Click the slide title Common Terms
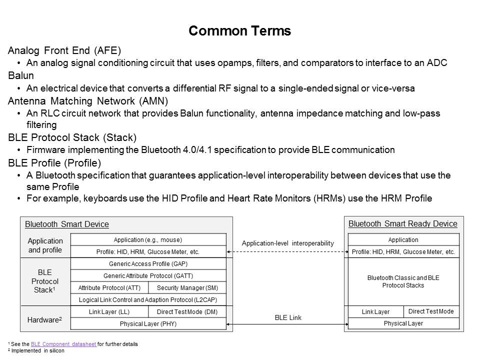click(x=239, y=31)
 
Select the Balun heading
click(x=21, y=76)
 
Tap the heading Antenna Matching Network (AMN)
click(x=88, y=101)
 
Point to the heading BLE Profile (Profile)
click(x=62, y=163)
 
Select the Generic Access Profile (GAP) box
click(x=148, y=264)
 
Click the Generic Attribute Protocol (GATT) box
click(x=148, y=276)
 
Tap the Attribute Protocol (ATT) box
click(x=109, y=288)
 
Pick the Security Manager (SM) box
click(x=187, y=288)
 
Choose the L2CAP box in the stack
click(x=148, y=300)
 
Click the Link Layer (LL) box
click(x=109, y=312)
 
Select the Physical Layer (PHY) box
click(x=148, y=324)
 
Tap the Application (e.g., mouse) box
click(x=148, y=240)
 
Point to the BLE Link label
click(x=288, y=317)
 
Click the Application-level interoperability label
click(x=287, y=243)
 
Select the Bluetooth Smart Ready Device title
click(x=402, y=223)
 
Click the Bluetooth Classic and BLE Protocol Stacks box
click(x=403, y=281)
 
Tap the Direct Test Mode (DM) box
click(x=187, y=312)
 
